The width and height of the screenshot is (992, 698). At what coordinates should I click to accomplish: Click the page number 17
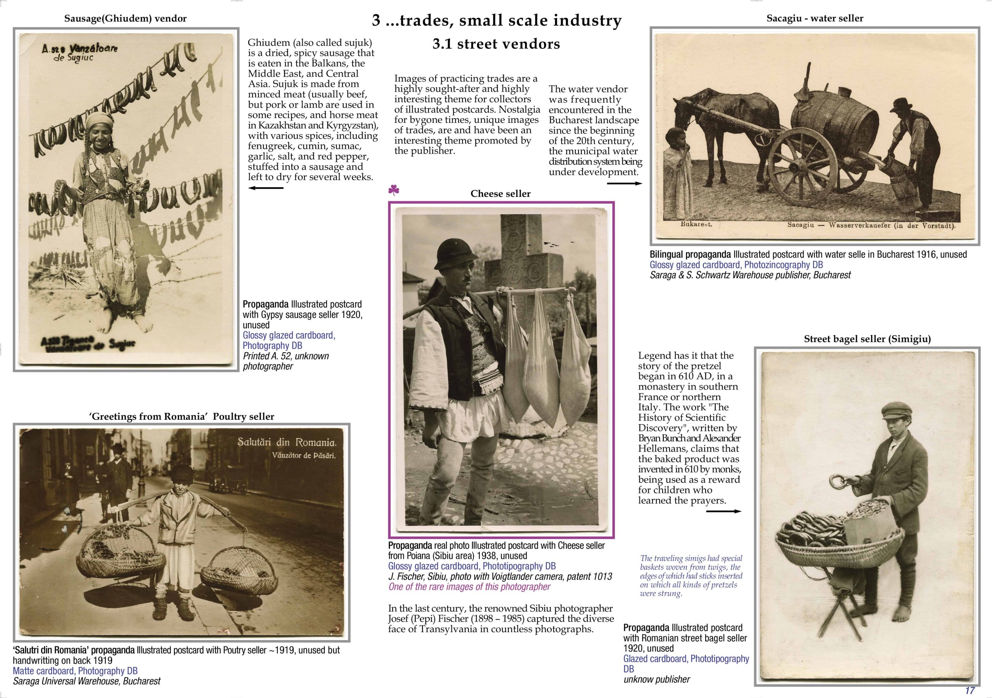point(970,690)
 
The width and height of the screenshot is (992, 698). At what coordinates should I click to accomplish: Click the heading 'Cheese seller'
point(500,194)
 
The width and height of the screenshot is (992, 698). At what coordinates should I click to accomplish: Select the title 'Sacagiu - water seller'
point(815,18)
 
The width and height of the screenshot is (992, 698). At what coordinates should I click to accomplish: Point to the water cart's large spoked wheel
point(803,167)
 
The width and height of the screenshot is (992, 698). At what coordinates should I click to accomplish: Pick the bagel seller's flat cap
point(897,410)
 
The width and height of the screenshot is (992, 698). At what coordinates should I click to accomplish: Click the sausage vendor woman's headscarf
point(99,120)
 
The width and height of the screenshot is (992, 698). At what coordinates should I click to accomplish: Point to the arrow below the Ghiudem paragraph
point(266,188)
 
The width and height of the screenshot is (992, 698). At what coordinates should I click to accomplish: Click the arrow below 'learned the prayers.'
point(724,511)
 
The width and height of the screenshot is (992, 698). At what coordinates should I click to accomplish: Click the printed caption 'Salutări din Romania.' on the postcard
point(286,442)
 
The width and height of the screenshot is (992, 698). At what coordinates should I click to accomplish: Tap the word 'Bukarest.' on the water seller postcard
point(696,224)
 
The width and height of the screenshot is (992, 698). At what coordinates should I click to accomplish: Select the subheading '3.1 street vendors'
point(496,44)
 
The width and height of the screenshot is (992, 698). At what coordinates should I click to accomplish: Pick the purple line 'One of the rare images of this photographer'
point(469,586)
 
